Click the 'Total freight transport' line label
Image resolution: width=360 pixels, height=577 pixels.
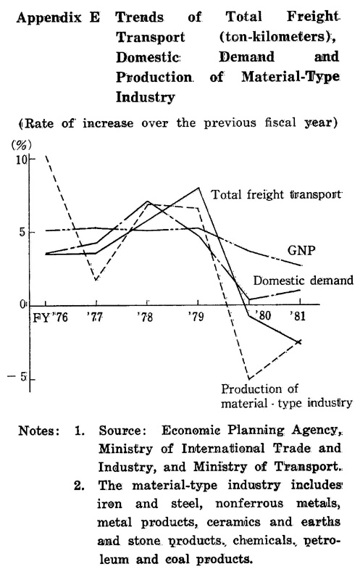(x=276, y=195)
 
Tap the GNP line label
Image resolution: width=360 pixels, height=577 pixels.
(x=301, y=250)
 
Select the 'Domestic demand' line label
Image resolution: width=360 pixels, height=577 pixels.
(x=304, y=281)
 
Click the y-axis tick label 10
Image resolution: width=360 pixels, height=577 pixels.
(x=22, y=160)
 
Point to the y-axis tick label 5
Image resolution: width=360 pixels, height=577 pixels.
(x=23, y=233)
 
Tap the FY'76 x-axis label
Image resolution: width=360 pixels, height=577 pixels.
(x=51, y=317)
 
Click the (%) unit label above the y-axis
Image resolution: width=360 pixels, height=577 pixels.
(x=22, y=145)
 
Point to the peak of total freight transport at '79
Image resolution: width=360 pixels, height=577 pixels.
(x=198, y=188)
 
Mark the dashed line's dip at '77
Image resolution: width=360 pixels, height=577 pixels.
(x=96, y=281)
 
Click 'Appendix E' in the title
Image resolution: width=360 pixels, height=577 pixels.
(x=58, y=18)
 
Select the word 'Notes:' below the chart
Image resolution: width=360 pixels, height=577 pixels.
(x=39, y=431)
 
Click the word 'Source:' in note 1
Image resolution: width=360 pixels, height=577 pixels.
(x=120, y=431)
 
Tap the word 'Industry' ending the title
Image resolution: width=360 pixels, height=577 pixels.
(x=146, y=98)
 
